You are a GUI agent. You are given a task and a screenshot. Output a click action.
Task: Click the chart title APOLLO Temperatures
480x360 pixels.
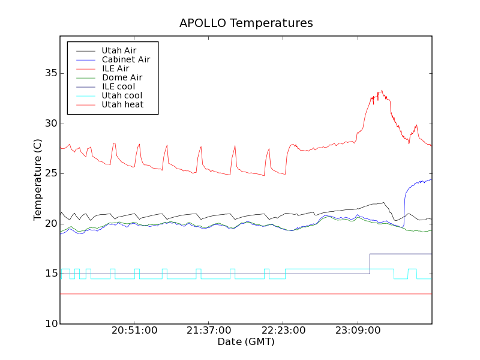[x=246, y=23]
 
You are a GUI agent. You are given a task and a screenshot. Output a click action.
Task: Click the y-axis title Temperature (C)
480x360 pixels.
[x=38, y=179]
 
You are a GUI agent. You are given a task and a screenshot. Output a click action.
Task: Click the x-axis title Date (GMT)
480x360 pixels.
[x=246, y=341]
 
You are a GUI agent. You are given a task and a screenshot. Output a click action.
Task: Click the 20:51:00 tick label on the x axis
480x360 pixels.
[x=134, y=331]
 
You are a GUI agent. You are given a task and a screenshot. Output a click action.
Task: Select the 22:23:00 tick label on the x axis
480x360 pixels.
[x=283, y=331]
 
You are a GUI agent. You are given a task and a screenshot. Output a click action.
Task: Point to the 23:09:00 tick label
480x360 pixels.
[x=358, y=331]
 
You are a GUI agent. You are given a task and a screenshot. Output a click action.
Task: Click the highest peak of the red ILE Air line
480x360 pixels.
[x=381, y=91]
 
